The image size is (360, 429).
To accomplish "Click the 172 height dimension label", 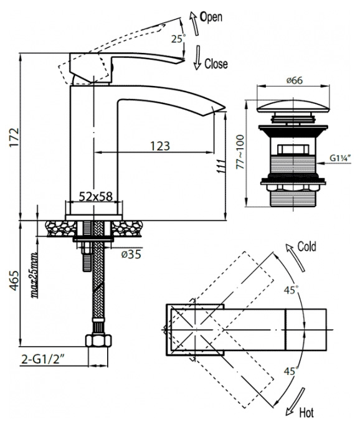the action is [x=14, y=137].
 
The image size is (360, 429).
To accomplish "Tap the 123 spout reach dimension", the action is [x=160, y=146].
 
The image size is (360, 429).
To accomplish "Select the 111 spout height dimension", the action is [x=221, y=166].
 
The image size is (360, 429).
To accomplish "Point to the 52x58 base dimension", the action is [x=96, y=196].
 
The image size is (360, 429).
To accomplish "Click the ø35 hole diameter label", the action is [x=131, y=254].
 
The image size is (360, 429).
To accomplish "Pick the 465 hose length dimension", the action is [x=14, y=280].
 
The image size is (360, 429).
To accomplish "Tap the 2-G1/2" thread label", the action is [x=43, y=360].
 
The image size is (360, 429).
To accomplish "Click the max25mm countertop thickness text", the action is [x=34, y=275].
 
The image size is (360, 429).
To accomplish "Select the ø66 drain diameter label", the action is [x=295, y=80].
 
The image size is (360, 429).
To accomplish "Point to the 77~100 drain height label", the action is [x=240, y=152].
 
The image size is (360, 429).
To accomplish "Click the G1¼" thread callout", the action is [x=340, y=158].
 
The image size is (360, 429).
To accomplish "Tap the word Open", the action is [x=211, y=17].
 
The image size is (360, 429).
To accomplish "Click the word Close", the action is [x=216, y=64].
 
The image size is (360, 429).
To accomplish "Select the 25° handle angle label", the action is [x=178, y=39].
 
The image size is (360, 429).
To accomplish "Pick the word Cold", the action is [x=306, y=247].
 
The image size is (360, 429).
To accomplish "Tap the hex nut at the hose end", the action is [x=98, y=341].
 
